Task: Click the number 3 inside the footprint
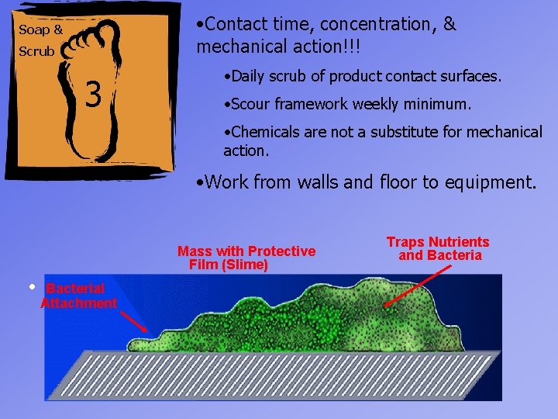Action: [94, 95]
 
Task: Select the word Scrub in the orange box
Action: [36, 52]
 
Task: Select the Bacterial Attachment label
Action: [77, 296]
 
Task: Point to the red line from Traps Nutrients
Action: [419, 286]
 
